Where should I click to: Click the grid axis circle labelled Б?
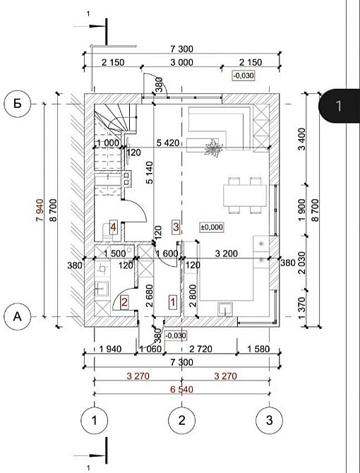[17, 104]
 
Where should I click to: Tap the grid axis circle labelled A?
[17, 317]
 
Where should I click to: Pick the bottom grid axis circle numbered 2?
[181, 421]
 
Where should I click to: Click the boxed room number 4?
[113, 227]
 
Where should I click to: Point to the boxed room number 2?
[124, 303]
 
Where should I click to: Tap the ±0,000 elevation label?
[211, 227]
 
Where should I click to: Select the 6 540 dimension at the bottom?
[181, 388]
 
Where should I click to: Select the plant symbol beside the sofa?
[212, 148]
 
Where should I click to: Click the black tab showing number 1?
[339, 106]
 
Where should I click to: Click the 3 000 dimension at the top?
[181, 62]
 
